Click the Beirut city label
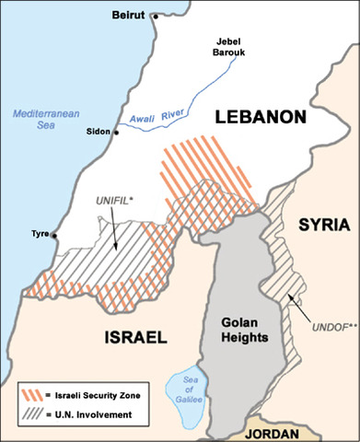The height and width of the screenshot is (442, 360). (x=130, y=15)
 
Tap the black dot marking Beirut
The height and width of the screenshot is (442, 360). (x=155, y=17)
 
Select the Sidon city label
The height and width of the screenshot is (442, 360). (x=98, y=132)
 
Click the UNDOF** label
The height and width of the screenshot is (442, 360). (x=327, y=352)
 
